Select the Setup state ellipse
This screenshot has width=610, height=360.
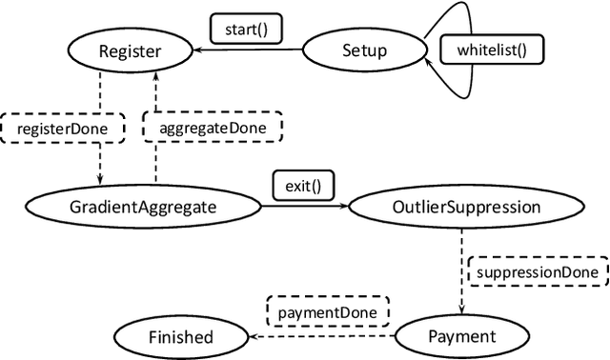[x=364, y=50]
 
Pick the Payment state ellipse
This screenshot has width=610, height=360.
[x=461, y=336]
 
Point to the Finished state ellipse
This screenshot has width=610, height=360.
[x=180, y=336]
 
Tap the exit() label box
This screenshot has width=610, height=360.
[x=303, y=185]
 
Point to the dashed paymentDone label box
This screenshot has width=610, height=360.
[x=327, y=310]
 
